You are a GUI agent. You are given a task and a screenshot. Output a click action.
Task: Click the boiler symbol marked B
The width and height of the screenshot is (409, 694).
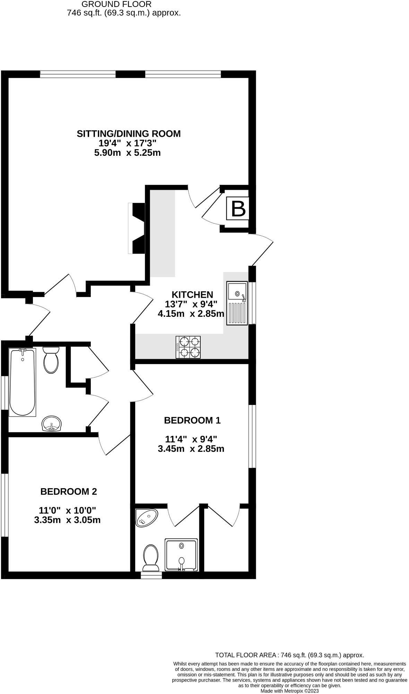pyautogui.click(x=238, y=209)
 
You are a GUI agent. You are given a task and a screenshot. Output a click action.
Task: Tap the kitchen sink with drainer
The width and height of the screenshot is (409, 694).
pyautogui.click(x=237, y=303)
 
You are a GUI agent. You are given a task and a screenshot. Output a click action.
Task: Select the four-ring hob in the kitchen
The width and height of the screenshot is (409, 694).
pyautogui.click(x=188, y=347)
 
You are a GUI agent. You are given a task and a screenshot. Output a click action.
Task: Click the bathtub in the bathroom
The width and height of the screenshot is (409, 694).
pyautogui.click(x=23, y=382)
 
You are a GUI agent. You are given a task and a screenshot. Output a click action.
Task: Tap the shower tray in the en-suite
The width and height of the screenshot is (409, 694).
pyautogui.click(x=181, y=555)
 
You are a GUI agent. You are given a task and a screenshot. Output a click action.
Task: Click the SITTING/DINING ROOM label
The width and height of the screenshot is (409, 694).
pyautogui.click(x=129, y=134)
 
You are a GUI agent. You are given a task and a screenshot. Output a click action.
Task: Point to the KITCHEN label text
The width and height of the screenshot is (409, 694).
pyautogui.click(x=193, y=295)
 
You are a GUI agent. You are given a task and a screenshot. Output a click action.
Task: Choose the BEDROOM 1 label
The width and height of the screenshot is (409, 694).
pyautogui.click(x=192, y=420)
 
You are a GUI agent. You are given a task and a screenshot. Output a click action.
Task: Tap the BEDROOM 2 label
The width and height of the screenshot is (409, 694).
pyautogui.click(x=69, y=491)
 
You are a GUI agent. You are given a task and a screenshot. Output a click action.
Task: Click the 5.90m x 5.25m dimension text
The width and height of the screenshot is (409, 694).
pyautogui.click(x=128, y=153)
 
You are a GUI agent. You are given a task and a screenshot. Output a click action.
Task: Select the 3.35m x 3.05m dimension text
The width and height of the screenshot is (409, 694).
pyautogui.click(x=67, y=520)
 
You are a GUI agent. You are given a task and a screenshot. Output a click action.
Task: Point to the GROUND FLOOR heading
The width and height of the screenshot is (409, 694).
pyautogui.click(x=116, y=5)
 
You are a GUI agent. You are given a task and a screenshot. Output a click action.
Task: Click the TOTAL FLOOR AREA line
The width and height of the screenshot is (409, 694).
pyautogui.click(x=289, y=655)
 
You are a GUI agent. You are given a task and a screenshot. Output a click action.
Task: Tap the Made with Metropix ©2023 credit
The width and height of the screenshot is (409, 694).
pyautogui.click(x=289, y=691)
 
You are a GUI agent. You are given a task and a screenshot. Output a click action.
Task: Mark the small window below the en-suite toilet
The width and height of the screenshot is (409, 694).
pyautogui.click(x=151, y=575)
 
